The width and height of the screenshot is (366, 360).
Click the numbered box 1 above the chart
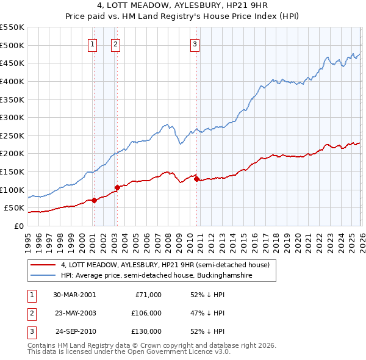click(92, 43)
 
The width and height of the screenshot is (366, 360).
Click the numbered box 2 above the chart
click(115, 43)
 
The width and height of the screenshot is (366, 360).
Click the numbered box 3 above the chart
click(195, 43)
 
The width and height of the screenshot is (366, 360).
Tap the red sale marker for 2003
click(117, 187)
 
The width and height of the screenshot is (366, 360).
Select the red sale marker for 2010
click(196, 179)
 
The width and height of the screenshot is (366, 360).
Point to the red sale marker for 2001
click(94, 200)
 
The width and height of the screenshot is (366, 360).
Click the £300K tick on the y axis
click(12, 117)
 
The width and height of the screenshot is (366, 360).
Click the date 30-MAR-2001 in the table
click(74, 295)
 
